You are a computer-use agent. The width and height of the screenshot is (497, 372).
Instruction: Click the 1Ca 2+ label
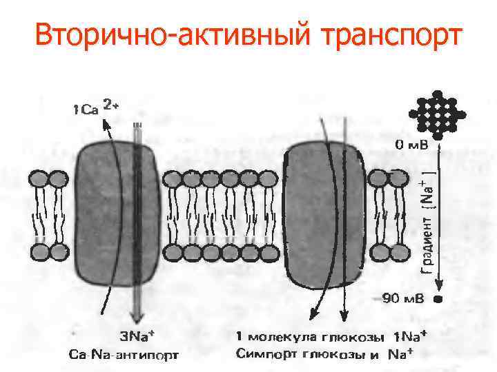coord(96,107)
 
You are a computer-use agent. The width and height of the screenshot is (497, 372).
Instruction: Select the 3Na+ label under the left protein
coord(137,338)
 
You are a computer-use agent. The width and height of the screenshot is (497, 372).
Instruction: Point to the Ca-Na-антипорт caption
coord(125,355)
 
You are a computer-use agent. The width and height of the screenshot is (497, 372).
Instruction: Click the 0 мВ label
coord(412,145)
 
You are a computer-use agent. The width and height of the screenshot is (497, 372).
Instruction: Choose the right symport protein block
coord(322,214)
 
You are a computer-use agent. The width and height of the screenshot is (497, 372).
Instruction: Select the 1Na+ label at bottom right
coord(410,338)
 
